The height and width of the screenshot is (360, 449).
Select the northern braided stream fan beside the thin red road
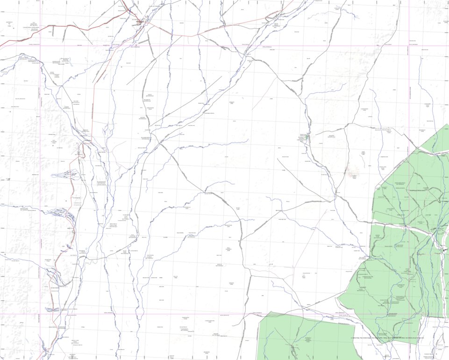66,175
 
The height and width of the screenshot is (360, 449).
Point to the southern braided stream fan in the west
62,213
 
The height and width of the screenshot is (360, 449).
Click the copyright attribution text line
387,338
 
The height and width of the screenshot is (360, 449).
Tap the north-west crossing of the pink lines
40,46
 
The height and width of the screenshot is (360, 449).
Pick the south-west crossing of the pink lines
40,314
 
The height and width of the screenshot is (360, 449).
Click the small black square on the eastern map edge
444,251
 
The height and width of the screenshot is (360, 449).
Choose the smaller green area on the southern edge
299,337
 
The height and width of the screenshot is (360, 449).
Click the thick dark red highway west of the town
70,31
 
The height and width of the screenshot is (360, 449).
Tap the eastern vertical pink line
409,94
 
